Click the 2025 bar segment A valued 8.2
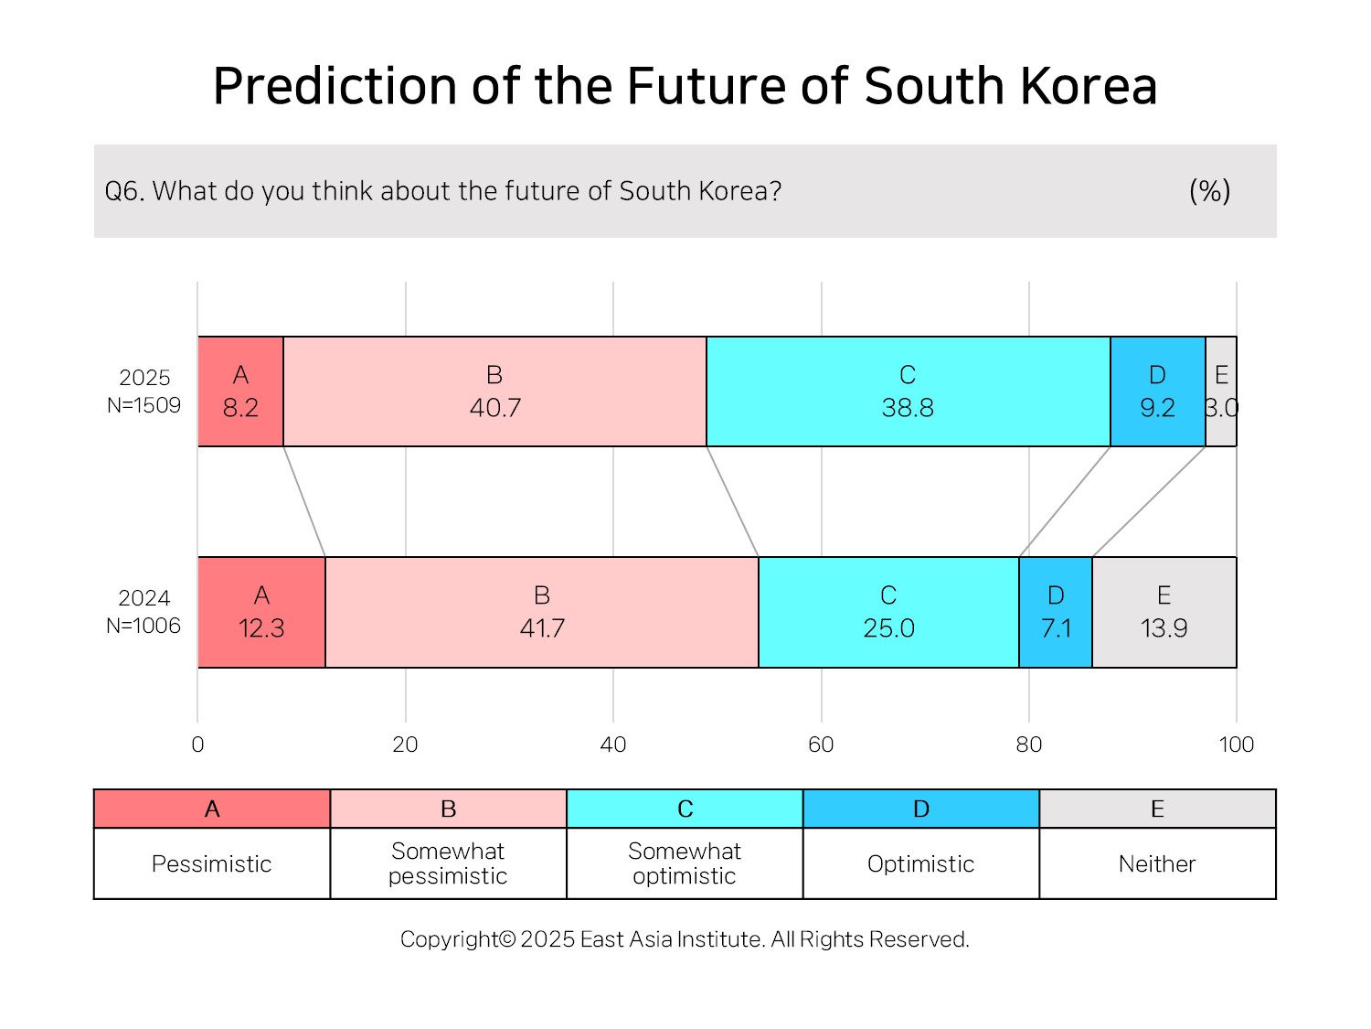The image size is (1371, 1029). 240,391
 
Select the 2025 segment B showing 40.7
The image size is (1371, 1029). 494,391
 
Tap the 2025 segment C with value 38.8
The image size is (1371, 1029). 909,391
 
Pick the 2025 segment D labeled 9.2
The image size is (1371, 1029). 1157,391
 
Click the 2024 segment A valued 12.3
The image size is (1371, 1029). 261,612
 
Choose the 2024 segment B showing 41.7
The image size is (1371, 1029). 542,612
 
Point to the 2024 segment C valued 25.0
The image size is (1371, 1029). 888,612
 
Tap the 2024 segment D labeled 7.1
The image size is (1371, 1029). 1056,612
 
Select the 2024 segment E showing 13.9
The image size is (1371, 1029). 1164,612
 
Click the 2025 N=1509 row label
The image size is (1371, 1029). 143,391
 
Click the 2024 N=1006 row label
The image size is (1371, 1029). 143,612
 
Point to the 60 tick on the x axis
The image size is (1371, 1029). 821,745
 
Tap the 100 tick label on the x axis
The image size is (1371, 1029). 1236,745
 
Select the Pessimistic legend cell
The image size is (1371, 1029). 212,863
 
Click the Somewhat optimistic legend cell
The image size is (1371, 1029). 685,863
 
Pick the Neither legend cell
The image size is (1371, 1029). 1157,863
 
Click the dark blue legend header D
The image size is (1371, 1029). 921,809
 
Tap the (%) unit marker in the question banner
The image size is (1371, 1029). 1210,191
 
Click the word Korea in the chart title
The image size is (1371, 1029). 1089,86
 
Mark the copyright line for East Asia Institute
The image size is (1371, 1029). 685,939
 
